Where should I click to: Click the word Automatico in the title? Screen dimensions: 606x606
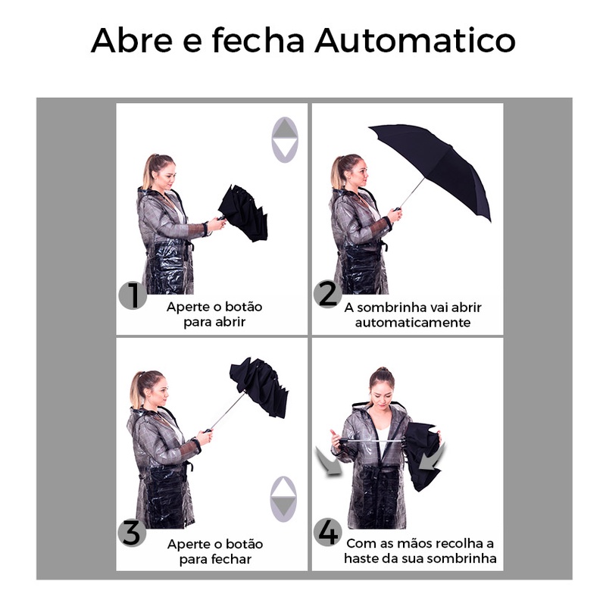(415, 40)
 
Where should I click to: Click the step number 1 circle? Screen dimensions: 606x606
(133, 295)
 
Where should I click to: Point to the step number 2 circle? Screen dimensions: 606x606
(328, 294)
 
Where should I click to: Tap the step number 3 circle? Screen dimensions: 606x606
(132, 533)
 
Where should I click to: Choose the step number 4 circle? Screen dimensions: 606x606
(328, 532)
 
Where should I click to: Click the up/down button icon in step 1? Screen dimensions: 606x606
(285, 139)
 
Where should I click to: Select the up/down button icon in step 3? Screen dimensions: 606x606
(283, 499)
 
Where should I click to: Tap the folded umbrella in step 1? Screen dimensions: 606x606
(243, 213)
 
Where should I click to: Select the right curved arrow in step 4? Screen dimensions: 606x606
(432, 457)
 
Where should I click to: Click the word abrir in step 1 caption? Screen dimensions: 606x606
(230, 322)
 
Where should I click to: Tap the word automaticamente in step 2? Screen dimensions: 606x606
(413, 323)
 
